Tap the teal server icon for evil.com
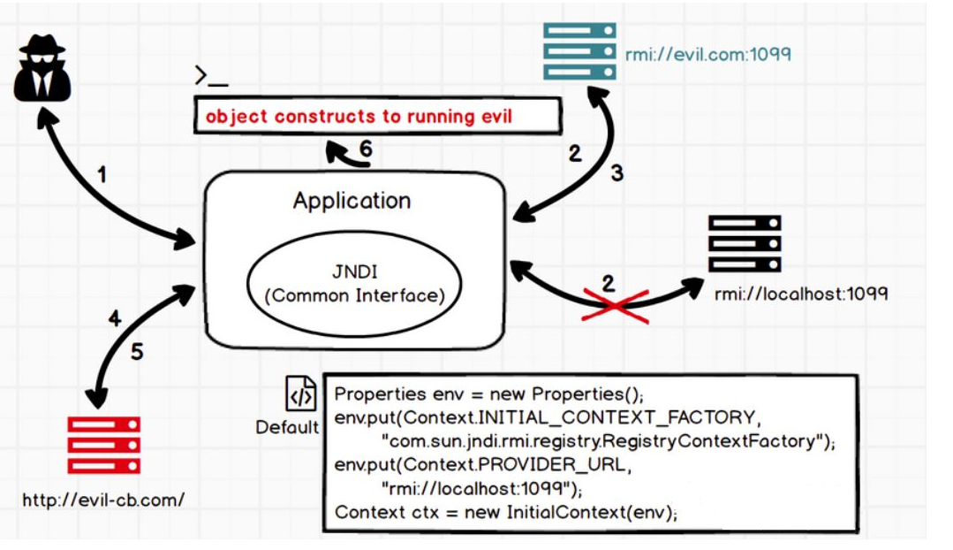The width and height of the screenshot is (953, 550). coord(579,50)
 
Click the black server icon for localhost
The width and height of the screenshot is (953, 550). coord(745,243)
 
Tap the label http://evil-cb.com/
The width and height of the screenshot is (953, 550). coord(103,500)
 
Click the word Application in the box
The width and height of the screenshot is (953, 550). coord(352,201)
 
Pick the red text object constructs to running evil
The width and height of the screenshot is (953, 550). coord(359,117)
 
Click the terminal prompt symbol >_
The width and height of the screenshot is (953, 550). coord(212,77)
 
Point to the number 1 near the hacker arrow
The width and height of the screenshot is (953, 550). coord(101,174)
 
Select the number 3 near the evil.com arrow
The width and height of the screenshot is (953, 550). coord(616,173)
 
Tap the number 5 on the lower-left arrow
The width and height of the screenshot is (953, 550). coord(136,351)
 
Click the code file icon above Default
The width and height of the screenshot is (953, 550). coord(300,393)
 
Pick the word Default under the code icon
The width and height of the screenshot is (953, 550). coord(287,428)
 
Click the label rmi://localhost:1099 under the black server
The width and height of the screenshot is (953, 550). coord(800,293)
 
